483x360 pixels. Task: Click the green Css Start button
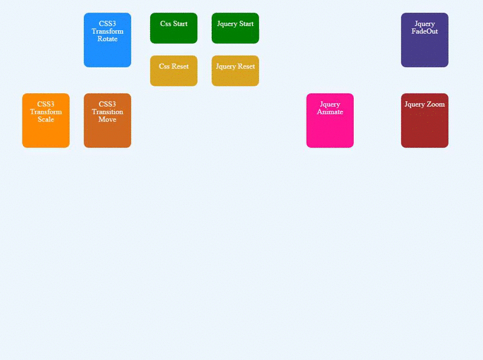[174, 28]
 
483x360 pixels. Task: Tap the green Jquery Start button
[235, 28]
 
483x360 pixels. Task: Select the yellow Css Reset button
[174, 71]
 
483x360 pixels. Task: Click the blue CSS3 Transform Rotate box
[107, 40]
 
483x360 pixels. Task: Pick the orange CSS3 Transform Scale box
[46, 120]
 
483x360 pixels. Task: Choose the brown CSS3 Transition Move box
[107, 120]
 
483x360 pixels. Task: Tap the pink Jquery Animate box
[330, 120]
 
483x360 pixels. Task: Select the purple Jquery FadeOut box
[424, 40]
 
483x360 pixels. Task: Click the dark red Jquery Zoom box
[424, 120]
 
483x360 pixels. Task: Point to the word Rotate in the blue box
[107, 39]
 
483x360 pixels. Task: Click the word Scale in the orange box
[46, 120]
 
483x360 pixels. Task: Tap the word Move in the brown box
[107, 120]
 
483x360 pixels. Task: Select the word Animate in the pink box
[330, 112]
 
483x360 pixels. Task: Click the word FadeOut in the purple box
[424, 31]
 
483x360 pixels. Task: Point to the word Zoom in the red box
[435, 104]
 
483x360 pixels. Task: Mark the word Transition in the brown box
[107, 112]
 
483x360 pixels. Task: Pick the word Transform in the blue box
[107, 31]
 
